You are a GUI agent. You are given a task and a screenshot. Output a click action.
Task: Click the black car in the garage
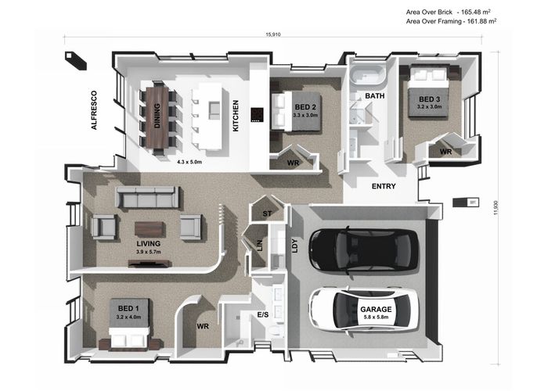(x=363, y=250)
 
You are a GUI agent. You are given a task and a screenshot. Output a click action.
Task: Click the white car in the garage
(x=364, y=310)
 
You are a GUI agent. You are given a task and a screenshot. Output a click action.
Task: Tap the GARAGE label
(x=376, y=310)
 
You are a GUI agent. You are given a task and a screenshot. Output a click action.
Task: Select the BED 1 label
(x=128, y=308)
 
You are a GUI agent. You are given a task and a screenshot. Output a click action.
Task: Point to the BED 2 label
(x=305, y=107)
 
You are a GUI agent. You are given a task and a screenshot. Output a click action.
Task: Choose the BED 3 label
(x=429, y=99)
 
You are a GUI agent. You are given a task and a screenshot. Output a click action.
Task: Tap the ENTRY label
(x=384, y=186)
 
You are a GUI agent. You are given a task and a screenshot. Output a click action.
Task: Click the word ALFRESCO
(x=94, y=110)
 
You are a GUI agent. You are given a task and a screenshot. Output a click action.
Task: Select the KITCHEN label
(x=236, y=116)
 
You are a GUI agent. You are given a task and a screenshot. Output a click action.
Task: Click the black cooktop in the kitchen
(x=257, y=115)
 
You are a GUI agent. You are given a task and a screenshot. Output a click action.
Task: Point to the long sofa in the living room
(x=148, y=197)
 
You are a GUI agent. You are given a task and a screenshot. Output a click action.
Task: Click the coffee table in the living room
(x=150, y=229)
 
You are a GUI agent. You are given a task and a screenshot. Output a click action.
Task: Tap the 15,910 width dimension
(x=273, y=34)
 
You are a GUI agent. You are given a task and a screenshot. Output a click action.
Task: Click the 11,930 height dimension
(x=496, y=208)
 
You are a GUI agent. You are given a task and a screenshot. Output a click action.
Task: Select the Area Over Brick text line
(x=449, y=12)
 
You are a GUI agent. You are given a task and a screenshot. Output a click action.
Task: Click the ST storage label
(x=267, y=213)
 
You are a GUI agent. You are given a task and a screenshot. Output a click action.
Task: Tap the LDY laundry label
(x=295, y=246)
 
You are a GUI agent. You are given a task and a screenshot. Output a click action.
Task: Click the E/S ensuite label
(x=263, y=315)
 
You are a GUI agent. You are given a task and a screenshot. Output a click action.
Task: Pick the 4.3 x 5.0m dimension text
(x=189, y=162)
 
